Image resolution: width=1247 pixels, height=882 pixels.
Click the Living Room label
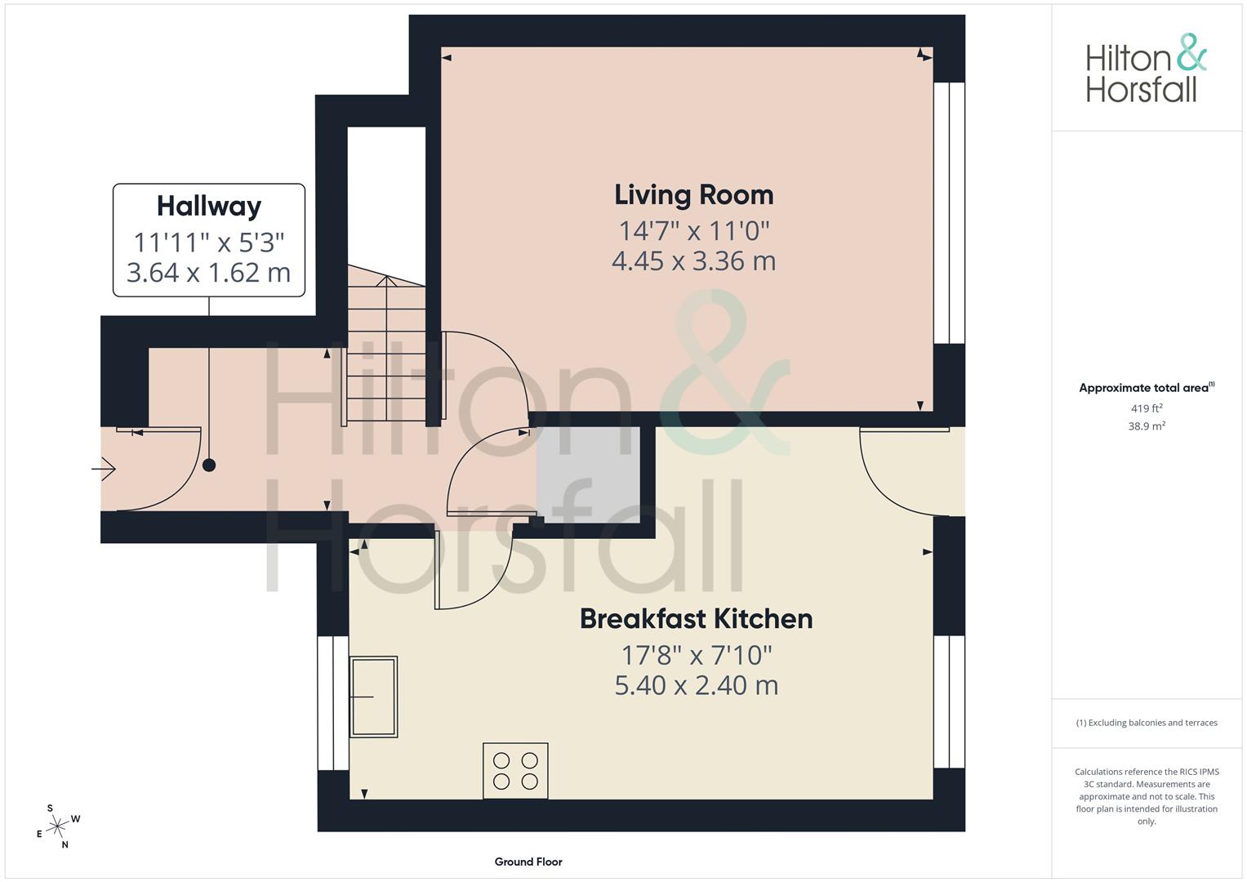tap(693, 195)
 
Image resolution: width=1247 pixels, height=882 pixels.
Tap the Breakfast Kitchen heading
tap(696, 619)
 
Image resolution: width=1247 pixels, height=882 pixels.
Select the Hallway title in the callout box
tap(209, 206)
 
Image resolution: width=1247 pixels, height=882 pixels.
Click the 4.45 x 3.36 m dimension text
tap(693, 261)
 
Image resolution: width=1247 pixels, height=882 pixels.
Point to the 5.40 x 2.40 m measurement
tap(696, 685)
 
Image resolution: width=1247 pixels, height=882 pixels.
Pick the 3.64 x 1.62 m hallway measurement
tap(209, 272)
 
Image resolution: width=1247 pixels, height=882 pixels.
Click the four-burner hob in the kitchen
tap(515, 770)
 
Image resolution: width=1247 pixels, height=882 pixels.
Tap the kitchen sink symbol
tap(373, 697)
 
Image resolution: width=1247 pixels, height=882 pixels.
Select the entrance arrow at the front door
tap(105, 470)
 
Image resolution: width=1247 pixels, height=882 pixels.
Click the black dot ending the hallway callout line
tap(209, 465)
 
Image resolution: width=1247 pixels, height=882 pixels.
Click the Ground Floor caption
tap(528, 862)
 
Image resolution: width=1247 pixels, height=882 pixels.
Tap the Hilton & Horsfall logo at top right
tap(1146, 69)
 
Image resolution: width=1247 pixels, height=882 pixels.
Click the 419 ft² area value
tap(1146, 408)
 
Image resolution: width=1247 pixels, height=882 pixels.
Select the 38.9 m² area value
tap(1146, 425)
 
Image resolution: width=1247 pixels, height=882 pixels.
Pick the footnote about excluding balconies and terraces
tap(1146, 723)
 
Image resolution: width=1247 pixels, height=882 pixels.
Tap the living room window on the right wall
tap(949, 212)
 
